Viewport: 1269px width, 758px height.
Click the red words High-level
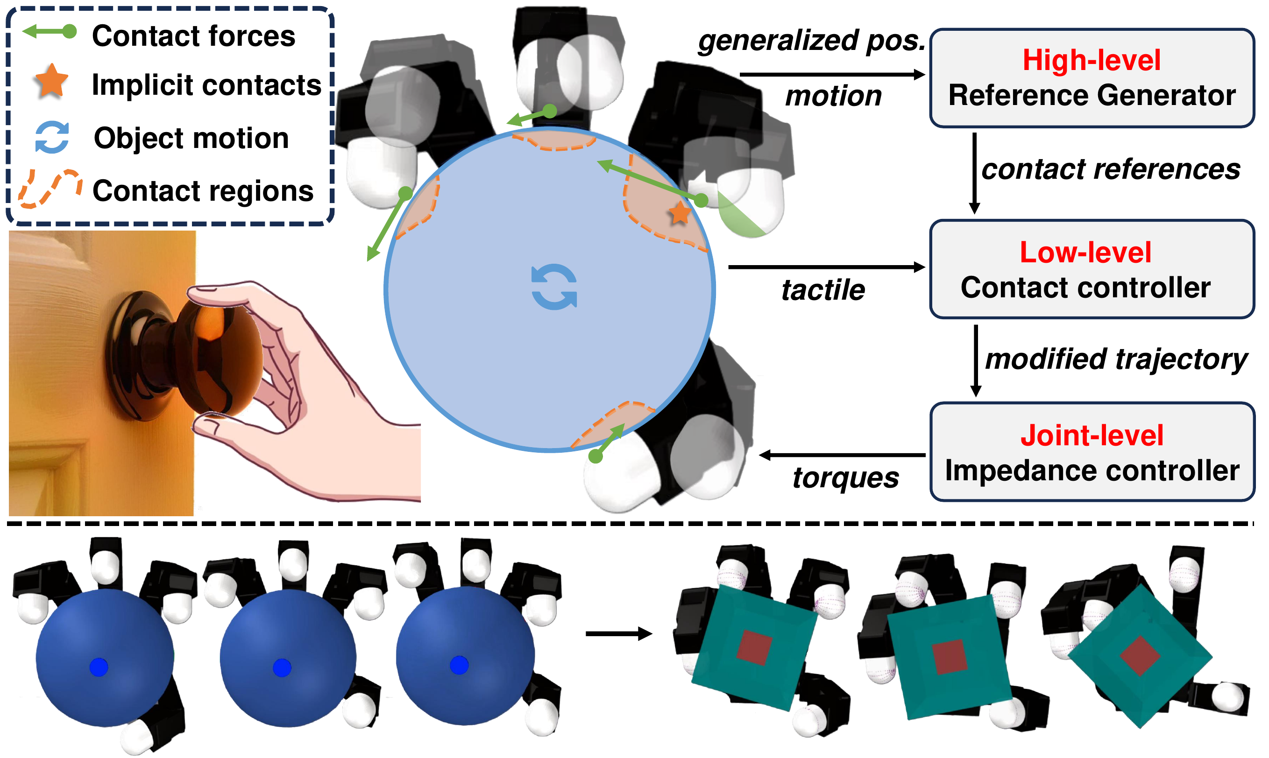[x=1091, y=60]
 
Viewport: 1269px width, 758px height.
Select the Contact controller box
[x=1092, y=269]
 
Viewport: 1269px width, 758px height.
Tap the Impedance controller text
[x=1092, y=470]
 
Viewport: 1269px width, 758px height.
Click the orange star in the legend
[x=51, y=82]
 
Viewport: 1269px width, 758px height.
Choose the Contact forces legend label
[x=193, y=36]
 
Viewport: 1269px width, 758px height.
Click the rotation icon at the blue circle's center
[x=554, y=287]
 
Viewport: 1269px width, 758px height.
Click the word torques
[x=846, y=478]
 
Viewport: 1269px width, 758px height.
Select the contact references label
[x=1111, y=169]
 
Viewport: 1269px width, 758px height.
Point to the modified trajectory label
[x=1116, y=358]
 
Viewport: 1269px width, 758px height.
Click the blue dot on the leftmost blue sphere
[x=99, y=667]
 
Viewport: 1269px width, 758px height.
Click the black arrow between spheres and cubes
[x=618, y=634]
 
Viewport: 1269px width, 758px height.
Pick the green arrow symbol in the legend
[x=50, y=32]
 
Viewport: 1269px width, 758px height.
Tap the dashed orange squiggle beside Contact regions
[x=50, y=189]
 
